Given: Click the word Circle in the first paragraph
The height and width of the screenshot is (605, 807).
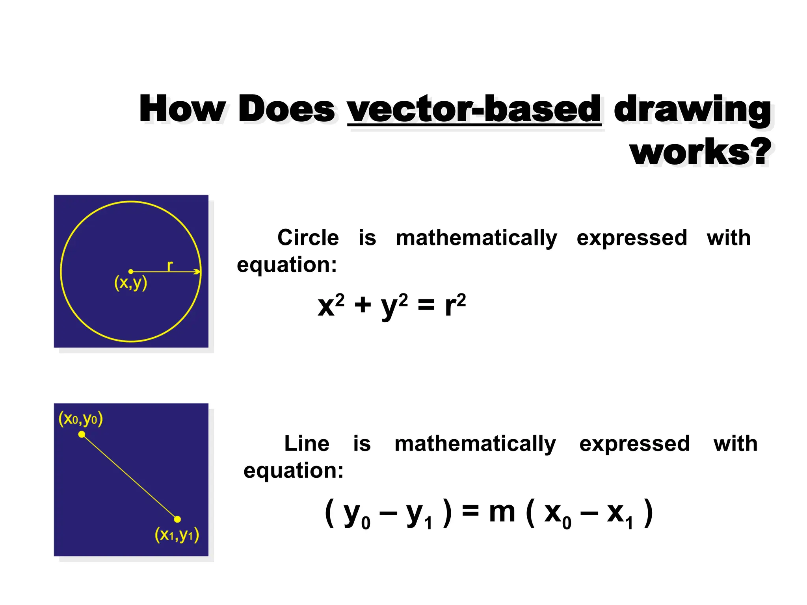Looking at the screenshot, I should [308, 238].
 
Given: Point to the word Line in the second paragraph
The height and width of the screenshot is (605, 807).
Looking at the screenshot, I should [307, 444].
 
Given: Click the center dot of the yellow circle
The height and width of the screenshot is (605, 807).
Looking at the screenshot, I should [131, 271].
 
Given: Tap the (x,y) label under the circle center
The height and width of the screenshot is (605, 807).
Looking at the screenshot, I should [130, 283].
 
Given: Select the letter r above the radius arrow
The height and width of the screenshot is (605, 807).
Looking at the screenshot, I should [170, 266].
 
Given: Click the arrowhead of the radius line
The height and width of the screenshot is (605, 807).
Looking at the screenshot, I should [197, 271].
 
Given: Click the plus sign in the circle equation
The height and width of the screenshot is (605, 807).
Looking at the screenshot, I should [363, 305].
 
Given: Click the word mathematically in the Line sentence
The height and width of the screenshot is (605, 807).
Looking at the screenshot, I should [475, 444].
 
